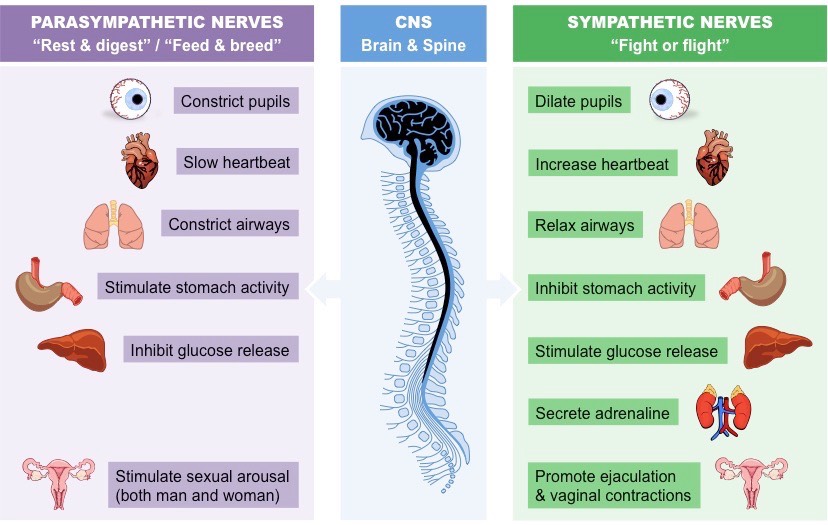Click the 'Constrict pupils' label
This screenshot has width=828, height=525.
point(235,102)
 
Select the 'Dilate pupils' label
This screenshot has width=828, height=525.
point(579,101)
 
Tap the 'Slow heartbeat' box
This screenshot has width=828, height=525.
point(235,162)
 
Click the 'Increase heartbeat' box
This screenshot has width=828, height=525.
point(602,164)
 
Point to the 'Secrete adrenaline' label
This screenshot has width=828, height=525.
point(602,412)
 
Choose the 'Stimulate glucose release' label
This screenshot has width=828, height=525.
point(626,351)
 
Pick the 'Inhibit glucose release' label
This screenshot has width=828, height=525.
point(209,350)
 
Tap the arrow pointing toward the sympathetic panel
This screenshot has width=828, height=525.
point(501,290)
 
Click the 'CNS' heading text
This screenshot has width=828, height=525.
point(413,22)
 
